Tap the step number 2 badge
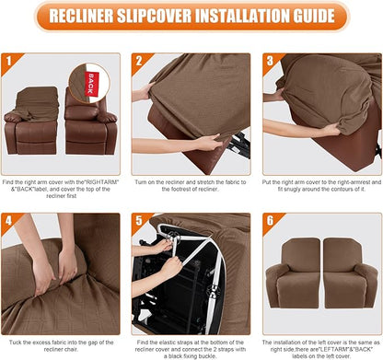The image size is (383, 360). (x=140, y=62)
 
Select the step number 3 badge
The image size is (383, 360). (x=271, y=62)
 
